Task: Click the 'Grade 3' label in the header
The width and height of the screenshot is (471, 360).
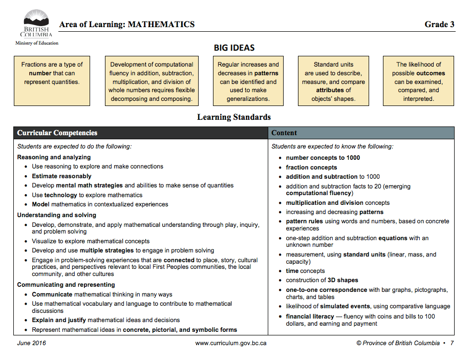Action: (439, 24)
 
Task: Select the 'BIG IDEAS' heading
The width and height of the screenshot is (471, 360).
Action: (234, 48)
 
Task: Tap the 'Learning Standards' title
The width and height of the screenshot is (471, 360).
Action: (234, 117)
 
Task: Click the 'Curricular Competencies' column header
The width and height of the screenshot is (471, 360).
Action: (57, 133)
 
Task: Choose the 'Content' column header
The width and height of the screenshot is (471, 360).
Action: (284, 133)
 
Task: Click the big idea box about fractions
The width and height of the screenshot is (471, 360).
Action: (52, 81)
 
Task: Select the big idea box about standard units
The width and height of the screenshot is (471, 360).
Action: (333, 81)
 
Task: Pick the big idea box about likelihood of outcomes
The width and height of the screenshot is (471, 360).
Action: (418, 81)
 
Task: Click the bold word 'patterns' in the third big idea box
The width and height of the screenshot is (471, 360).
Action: (266, 73)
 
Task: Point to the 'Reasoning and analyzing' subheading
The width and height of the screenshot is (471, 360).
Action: (54, 157)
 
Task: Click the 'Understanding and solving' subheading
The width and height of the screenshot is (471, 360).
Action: (57, 215)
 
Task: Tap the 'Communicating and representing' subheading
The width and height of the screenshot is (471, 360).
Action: (66, 285)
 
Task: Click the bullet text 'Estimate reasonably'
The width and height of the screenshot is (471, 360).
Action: (61, 176)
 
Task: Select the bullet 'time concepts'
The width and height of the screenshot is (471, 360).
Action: (305, 271)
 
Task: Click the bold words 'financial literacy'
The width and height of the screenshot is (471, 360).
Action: (310, 316)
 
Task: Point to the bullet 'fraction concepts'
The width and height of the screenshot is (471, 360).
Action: (311, 167)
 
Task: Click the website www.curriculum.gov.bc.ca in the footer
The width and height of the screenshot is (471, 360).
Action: (231, 343)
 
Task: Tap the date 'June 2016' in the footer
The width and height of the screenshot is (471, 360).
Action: (31, 343)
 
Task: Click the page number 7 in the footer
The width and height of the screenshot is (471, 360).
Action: (452, 343)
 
